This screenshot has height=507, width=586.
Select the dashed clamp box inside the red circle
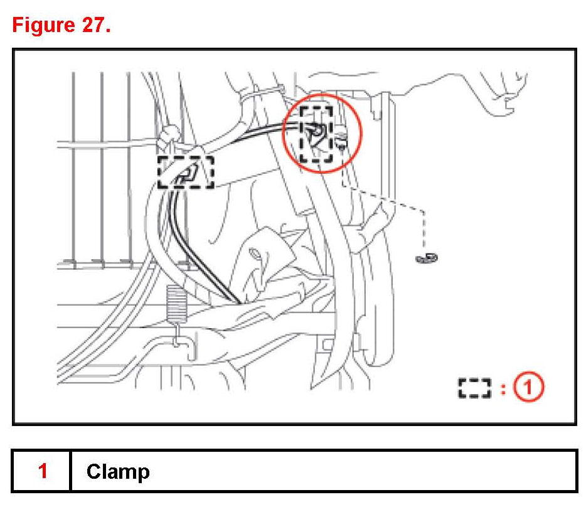point(316,134)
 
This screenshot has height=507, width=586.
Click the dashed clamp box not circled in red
point(185,171)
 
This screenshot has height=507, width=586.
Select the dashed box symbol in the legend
point(474,388)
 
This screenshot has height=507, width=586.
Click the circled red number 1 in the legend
point(528,387)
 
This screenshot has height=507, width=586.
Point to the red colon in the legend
point(502,388)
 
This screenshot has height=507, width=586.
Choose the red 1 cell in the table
point(43,471)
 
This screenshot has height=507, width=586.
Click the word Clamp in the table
point(118,471)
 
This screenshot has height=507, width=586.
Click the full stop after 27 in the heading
point(108,31)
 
